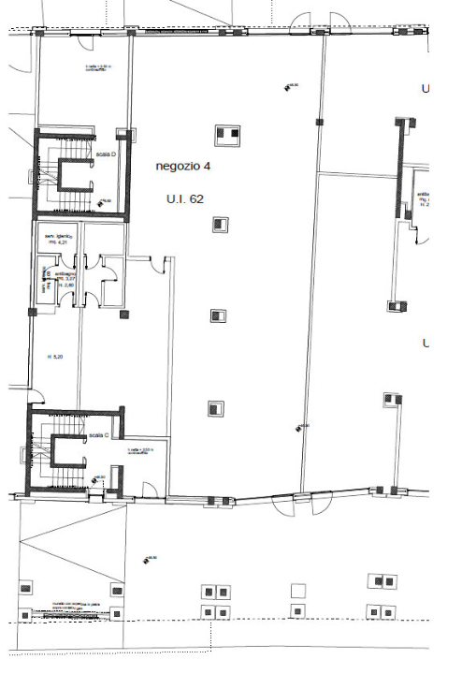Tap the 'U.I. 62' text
[184, 198]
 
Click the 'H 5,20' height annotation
[55, 357]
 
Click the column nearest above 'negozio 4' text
[224, 133]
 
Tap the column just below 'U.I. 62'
[219, 224]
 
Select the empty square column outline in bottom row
[297, 591]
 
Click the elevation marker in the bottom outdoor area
[146, 560]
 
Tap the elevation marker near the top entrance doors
[287, 87]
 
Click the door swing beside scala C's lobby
[149, 487]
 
